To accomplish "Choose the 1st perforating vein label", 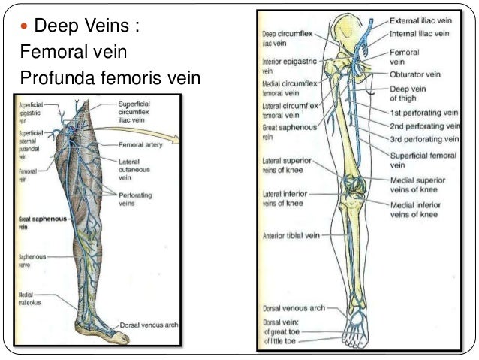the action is point(423,113).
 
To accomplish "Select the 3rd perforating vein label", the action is point(424,139).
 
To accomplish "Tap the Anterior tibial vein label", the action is point(291,235).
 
